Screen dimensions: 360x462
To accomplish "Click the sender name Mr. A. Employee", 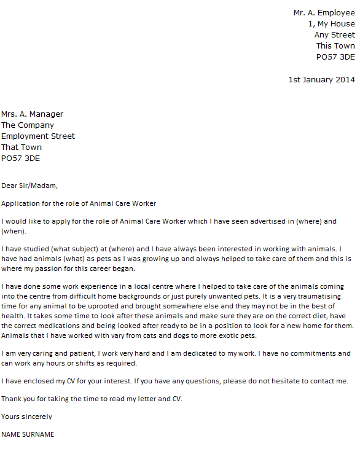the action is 324,12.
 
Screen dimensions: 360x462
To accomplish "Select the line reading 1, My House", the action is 331,23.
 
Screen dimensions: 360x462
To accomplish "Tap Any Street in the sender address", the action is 334,35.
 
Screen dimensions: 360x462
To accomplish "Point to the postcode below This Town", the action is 335,57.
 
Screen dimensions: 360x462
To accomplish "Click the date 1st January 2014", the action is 321,79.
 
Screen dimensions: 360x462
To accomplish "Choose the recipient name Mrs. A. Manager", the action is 32,114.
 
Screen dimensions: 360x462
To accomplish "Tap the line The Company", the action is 28,125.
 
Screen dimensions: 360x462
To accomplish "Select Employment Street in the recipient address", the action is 38,136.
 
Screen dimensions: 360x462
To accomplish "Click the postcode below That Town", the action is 20,158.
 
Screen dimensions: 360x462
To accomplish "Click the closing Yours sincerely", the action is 26,417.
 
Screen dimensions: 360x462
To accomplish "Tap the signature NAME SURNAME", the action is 28,434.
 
